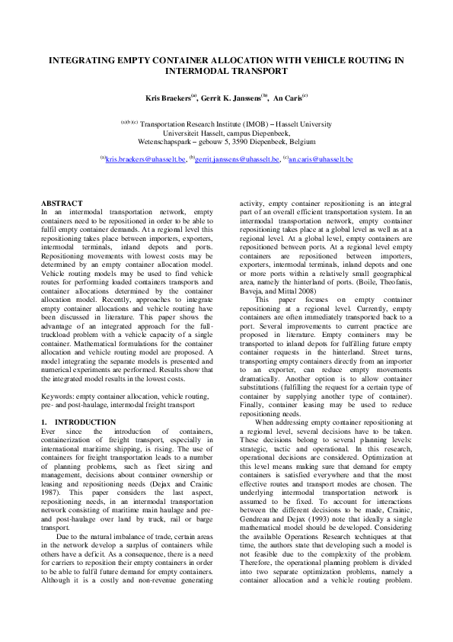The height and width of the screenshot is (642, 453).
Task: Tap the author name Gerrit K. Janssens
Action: [231, 98]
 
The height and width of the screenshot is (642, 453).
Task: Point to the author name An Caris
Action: [289, 98]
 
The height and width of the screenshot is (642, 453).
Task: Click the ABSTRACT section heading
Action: [61, 203]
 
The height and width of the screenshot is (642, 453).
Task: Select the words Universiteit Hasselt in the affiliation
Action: [199, 132]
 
